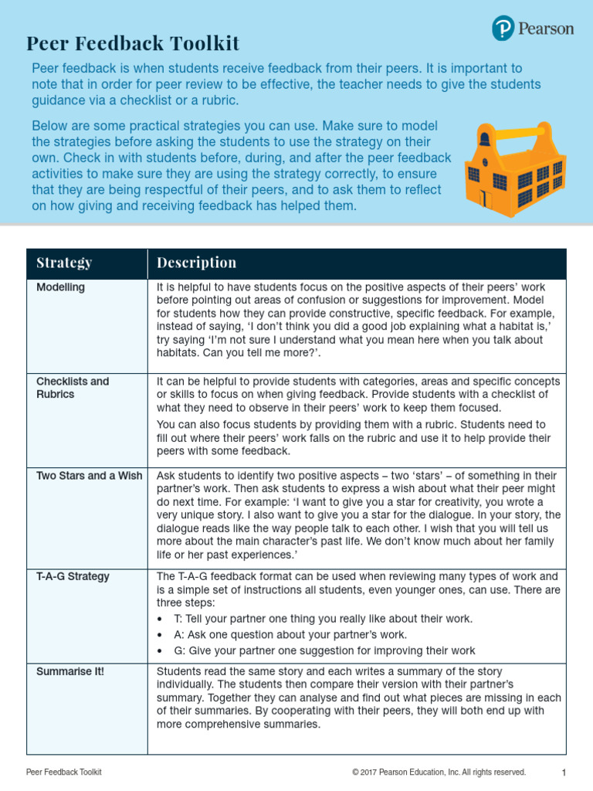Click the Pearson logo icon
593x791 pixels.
tap(503, 29)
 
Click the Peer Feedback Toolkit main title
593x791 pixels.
tap(133, 43)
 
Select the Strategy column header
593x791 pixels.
tap(64, 263)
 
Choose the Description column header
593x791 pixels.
tap(196, 263)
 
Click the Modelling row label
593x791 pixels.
tap(61, 287)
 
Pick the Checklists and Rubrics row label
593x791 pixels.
tap(73, 388)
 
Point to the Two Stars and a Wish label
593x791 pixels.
tap(90, 476)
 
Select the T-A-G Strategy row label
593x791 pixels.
tap(73, 576)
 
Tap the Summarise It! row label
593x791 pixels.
tap(70, 671)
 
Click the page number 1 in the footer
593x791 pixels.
tap(564, 772)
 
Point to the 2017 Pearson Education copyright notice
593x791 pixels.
tap(439, 772)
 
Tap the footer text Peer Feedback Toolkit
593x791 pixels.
tap(64, 772)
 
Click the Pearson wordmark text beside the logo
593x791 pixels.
tap(546, 29)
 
